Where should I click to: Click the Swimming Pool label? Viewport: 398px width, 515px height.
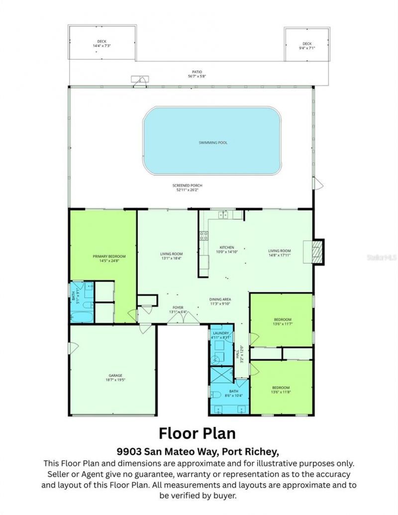point(212,143)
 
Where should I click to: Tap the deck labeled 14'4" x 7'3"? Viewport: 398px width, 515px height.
point(101,44)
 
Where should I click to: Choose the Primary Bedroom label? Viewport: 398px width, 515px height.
point(109,258)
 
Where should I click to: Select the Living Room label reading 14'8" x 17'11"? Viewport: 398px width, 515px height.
point(280,253)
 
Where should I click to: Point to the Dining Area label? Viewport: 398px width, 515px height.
point(219,302)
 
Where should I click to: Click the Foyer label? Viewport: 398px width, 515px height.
point(178,310)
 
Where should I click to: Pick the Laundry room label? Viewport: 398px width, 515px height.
point(220,335)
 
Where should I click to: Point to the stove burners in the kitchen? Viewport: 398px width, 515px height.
point(203,236)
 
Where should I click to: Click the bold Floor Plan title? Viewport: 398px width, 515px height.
point(198,433)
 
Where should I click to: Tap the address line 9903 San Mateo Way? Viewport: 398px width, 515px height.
point(198,451)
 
